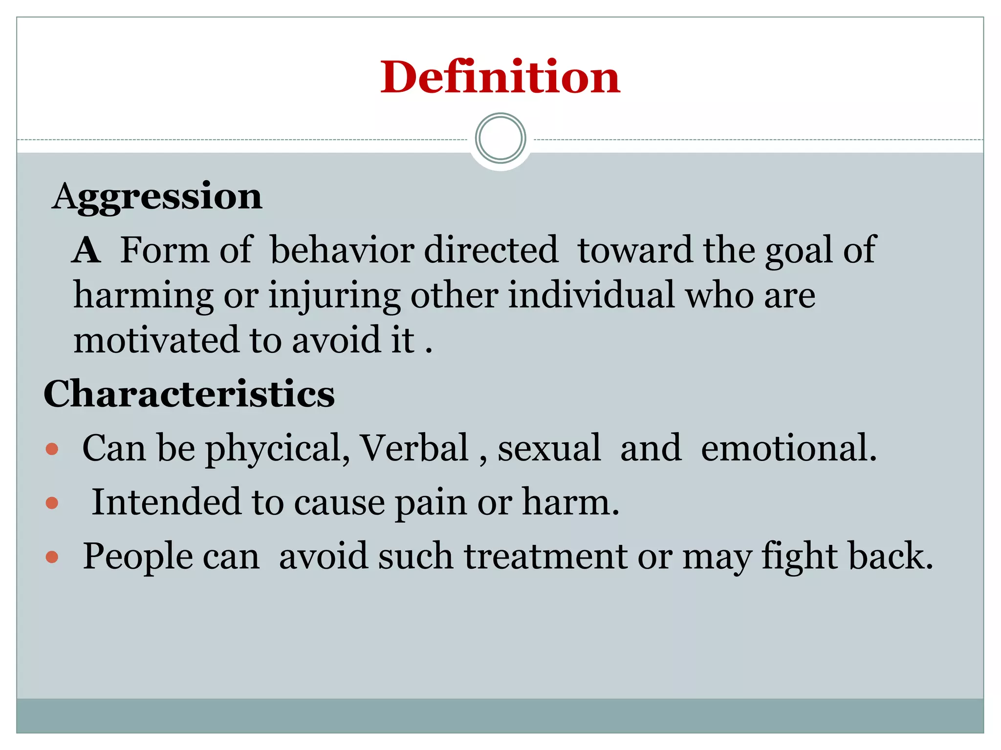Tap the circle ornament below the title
[x=500, y=138]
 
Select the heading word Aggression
[x=157, y=197]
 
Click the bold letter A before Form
[x=87, y=250]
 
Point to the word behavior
[x=342, y=250]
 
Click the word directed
[x=491, y=250]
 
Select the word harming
[x=143, y=296]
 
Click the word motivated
[x=156, y=340]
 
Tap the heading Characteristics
[x=189, y=394]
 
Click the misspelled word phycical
[x=277, y=448]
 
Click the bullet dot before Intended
[x=52, y=502]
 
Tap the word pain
[x=431, y=503]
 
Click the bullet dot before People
[x=52, y=557]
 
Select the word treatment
[x=545, y=556]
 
